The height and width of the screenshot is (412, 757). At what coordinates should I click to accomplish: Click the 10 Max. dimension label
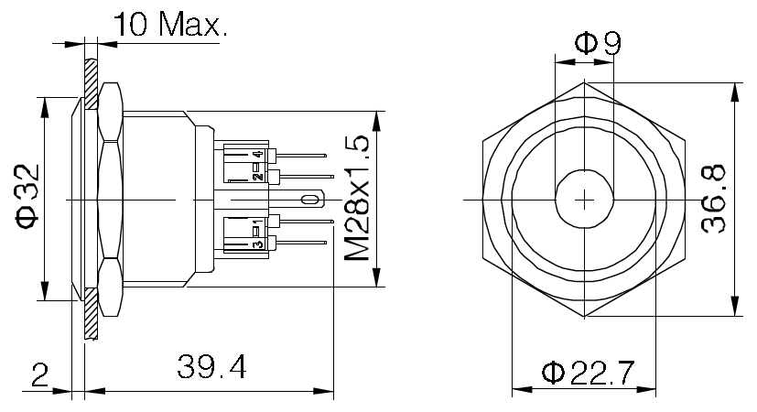point(170,24)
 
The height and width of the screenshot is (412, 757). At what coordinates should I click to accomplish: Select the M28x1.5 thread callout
point(357,199)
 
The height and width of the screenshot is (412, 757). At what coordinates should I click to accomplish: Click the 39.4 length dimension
point(211,367)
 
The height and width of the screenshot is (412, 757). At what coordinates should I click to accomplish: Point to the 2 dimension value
point(40,374)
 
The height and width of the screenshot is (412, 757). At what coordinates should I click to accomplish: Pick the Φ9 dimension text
point(598,43)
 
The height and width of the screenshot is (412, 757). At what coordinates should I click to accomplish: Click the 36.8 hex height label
point(714,199)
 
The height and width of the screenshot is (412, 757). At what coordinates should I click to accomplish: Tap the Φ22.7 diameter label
point(588,373)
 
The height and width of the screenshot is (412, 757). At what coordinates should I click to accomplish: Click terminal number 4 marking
point(258,155)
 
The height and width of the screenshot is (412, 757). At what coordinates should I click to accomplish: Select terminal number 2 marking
point(258,177)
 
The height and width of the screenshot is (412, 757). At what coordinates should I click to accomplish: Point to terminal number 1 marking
point(258,222)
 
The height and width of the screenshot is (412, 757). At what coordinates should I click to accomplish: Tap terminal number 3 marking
point(258,244)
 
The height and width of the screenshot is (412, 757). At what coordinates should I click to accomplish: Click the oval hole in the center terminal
point(309,199)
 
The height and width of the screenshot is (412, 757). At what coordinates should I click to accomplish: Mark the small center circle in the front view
point(584,170)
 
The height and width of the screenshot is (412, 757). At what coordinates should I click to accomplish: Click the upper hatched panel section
point(91,83)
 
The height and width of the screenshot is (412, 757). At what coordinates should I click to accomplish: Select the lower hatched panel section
point(91,313)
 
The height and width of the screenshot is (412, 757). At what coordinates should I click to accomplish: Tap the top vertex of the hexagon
point(584,82)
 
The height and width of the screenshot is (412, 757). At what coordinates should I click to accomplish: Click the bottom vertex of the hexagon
point(584,317)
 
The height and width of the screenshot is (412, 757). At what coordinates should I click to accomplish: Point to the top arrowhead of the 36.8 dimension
point(735,92)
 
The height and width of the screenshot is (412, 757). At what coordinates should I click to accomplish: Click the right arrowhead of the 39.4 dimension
point(323,391)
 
